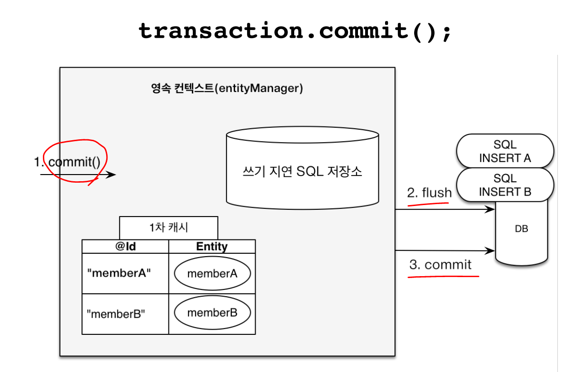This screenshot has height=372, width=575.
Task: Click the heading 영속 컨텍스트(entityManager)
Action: [227, 88]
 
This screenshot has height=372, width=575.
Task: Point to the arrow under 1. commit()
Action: [78, 175]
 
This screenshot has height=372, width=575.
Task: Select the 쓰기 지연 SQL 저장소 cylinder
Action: [302, 171]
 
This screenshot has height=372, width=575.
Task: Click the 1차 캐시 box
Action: [169, 227]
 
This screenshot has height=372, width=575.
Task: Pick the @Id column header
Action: [126, 247]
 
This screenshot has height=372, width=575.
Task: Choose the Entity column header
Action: [212, 247]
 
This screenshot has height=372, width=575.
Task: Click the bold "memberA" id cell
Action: [119, 273]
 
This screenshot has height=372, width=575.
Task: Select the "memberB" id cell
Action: [116, 313]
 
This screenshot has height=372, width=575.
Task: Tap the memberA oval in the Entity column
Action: [212, 273]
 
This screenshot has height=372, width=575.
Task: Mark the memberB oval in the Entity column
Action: [212, 313]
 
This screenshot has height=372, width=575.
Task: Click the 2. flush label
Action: [429, 193]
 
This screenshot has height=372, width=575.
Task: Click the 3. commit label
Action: [440, 265]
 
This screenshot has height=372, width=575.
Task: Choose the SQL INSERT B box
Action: [505, 185]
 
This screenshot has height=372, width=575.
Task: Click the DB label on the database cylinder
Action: [521, 229]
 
